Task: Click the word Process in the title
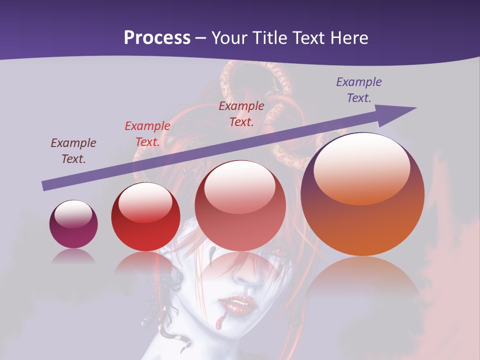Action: coord(157,38)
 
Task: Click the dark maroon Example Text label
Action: coord(73,151)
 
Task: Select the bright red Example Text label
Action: coord(147,134)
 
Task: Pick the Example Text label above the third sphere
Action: coord(241,113)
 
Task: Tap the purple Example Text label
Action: coord(359,90)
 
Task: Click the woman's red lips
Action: coord(235,303)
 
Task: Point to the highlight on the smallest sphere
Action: coord(73,214)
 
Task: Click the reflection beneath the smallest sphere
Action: coord(73,256)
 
